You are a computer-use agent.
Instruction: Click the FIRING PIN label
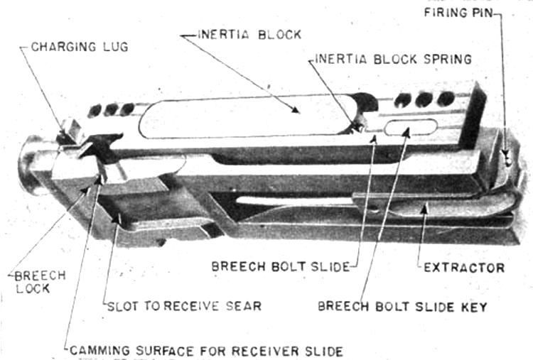pos(458,13)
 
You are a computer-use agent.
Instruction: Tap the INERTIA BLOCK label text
pos(249,35)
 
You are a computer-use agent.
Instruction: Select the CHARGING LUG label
pos(80,47)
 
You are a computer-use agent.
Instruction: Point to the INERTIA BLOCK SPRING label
pos(393,59)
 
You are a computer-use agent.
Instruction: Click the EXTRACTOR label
pos(464,268)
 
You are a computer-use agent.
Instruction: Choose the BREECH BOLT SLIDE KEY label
pos(402,307)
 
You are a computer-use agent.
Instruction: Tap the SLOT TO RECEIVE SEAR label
pos(184,306)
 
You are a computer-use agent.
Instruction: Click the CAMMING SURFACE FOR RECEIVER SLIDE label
pos(206,351)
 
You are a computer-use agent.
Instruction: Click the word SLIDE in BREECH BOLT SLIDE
pos(330,266)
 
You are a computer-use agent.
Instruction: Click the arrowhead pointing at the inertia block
pos(296,109)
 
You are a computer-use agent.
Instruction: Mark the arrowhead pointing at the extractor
pos(424,209)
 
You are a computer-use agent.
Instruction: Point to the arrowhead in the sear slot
pos(117,218)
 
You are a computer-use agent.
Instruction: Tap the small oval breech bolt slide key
pos(411,127)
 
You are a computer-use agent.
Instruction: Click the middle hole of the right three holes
pos(424,99)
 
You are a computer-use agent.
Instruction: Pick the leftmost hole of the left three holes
pos(95,111)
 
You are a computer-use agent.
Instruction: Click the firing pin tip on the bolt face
pos(508,163)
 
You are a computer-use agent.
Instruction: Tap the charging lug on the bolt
pos(69,131)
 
